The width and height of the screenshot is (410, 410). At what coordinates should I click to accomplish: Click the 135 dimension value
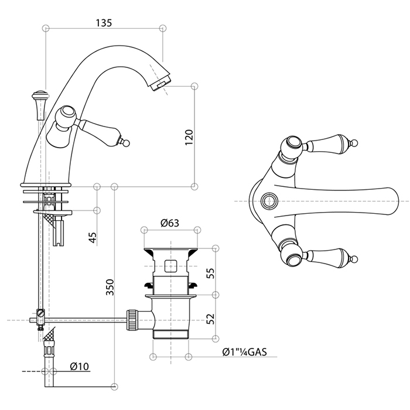pos(103,23)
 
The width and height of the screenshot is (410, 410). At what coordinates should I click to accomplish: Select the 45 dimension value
pos(92,238)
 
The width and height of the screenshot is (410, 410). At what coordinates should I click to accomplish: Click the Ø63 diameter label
pos(169,223)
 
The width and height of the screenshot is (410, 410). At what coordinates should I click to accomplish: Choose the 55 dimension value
pos(210,272)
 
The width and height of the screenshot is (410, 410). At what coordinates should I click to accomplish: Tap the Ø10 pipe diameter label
pos(78,367)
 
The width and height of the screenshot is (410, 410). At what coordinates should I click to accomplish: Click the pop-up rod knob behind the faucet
pos(40,95)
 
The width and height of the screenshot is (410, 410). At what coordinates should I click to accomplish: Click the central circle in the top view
pos(270,200)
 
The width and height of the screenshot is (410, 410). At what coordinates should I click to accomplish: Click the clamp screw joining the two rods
pos(40,316)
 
